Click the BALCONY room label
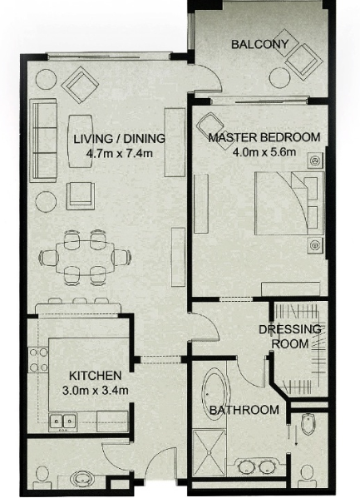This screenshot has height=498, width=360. (259, 44)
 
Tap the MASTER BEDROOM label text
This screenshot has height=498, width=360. (264, 137)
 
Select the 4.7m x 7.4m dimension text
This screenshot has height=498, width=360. (120, 154)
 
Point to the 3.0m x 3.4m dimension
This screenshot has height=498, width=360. (96, 390)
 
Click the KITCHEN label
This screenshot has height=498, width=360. (96, 376)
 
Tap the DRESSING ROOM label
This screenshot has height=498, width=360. (290, 337)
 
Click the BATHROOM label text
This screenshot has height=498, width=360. (244, 410)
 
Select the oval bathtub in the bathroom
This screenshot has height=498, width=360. (216, 394)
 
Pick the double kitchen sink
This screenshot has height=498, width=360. (63, 422)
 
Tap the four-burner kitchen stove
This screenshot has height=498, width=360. (38, 360)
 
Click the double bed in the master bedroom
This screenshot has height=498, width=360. (289, 204)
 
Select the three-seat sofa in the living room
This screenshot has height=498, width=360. (43, 140)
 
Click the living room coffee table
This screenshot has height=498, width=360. (81, 141)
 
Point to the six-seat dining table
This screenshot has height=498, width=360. (85, 257)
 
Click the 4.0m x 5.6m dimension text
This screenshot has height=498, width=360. (264, 152)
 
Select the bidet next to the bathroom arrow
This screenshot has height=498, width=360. (308, 424)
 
